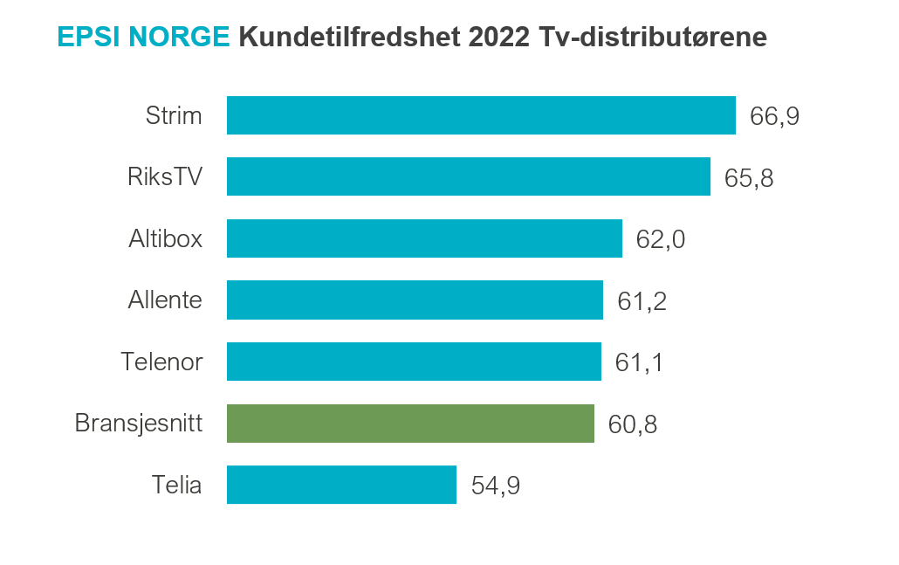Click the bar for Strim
click(x=481, y=115)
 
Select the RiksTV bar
click(x=469, y=176)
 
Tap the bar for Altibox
click(x=424, y=238)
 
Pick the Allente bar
click(x=415, y=300)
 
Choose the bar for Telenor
click(x=414, y=362)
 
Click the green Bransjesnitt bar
click(x=410, y=424)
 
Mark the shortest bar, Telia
click(x=341, y=485)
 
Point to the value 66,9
click(x=774, y=116)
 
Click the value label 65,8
click(x=749, y=177)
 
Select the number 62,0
click(x=661, y=239)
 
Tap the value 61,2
click(x=642, y=301)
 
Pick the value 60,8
click(x=633, y=424)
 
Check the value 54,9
click(x=496, y=486)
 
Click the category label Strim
click(x=174, y=115)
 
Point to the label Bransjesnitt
click(x=139, y=424)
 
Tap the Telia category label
click(x=177, y=485)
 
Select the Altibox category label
click(x=165, y=238)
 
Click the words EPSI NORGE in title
click(x=143, y=38)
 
